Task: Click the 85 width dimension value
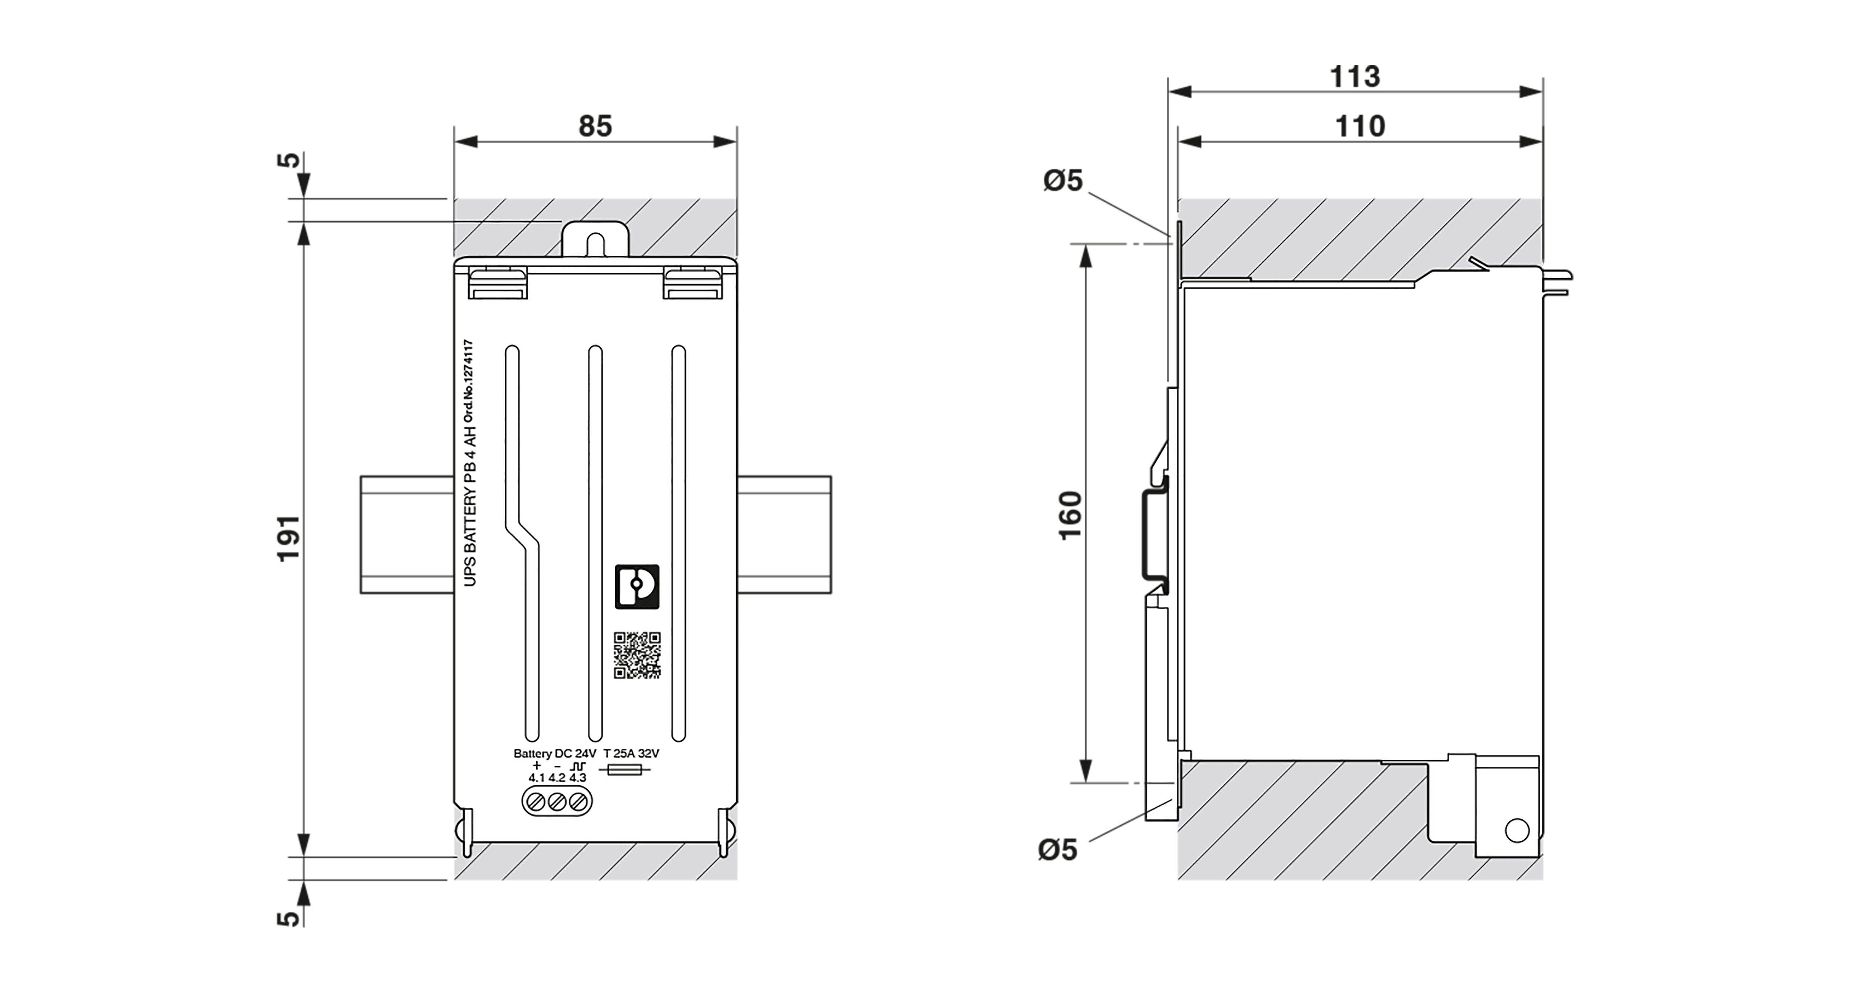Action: coord(595,126)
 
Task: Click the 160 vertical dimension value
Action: coord(1069,515)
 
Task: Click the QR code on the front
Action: coord(637,655)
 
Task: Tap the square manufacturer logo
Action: coord(637,586)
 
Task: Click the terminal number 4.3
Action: coord(578,778)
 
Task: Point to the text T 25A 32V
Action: coord(631,754)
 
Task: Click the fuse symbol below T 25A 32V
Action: coord(625,770)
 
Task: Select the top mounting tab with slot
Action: coord(595,239)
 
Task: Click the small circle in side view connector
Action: coord(1517,830)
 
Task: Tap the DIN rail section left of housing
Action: coord(406,535)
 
